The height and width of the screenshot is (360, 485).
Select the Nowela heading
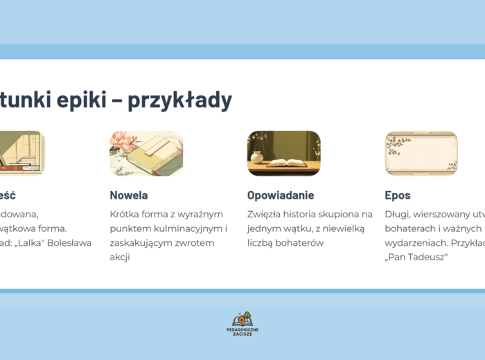[x=128, y=195]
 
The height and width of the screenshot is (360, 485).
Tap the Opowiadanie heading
[x=280, y=195]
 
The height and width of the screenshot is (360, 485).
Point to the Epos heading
[x=398, y=195]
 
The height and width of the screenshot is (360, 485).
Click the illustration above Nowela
[x=145, y=153]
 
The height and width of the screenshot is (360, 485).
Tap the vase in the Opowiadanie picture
[x=257, y=156]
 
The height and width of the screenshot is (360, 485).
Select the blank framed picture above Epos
[x=421, y=153]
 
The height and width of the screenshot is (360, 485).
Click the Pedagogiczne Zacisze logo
[x=242, y=323]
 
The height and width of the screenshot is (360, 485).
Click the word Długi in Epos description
[x=397, y=214]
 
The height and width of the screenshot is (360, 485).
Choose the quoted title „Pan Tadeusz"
[x=416, y=258]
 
